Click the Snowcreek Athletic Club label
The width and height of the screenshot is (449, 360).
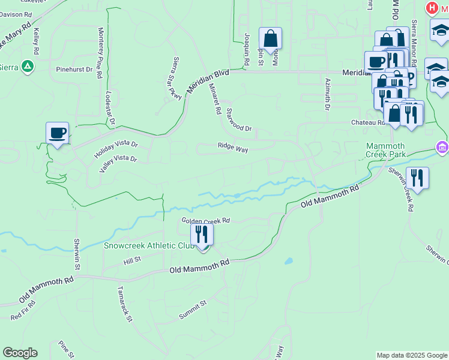(x=148, y=245)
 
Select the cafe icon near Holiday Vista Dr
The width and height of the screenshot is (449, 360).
(x=58, y=133)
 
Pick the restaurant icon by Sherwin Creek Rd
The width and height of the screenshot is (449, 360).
(x=417, y=178)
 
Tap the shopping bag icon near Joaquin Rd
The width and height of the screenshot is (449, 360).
(x=271, y=40)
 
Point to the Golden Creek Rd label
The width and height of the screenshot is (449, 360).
(x=206, y=221)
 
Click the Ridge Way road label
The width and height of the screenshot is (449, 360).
(x=233, y=146)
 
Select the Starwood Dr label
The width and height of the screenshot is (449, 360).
(x=239, y=120)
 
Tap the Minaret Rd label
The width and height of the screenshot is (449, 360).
(x=214, y=98)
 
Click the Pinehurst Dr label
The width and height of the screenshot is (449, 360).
(x=74, y=69)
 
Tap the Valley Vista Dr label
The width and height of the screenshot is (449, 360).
(x=118, y=160)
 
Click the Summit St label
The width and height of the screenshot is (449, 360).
(x=193, y=310)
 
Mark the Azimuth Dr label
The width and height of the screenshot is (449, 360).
(x=328, y=95)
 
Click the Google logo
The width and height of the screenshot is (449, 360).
(x=20, y=353)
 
